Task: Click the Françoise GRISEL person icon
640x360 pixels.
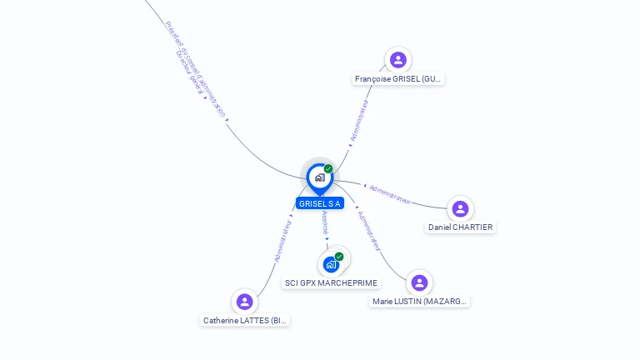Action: (398, 60)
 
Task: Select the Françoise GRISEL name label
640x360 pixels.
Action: (398, 79)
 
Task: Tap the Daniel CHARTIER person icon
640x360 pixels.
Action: (460, 208)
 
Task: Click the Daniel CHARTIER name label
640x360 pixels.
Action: (460, 227)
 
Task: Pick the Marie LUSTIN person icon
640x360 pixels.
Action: (419, 282)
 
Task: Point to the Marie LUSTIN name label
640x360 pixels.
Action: (420, 302)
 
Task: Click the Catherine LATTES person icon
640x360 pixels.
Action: (244, 302)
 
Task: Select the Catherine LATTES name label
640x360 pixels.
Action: (246, 321)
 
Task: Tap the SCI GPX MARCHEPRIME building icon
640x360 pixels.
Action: (331, 264)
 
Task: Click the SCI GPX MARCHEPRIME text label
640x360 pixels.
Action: (331, 283)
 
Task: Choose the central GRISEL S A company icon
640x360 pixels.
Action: (319, 177)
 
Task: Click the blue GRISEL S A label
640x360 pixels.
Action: (320, 203)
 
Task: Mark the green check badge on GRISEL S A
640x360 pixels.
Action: (328, 168)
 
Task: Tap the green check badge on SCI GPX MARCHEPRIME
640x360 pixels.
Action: (339, 257)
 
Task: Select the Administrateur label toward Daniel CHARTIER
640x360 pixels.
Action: (389, 193)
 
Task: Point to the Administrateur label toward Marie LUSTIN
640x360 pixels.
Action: (367, 230)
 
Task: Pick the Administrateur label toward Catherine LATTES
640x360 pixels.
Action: (282, 241)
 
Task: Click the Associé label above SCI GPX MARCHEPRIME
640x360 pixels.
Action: (325, 224)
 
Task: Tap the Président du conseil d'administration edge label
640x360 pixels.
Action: (197, 67)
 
